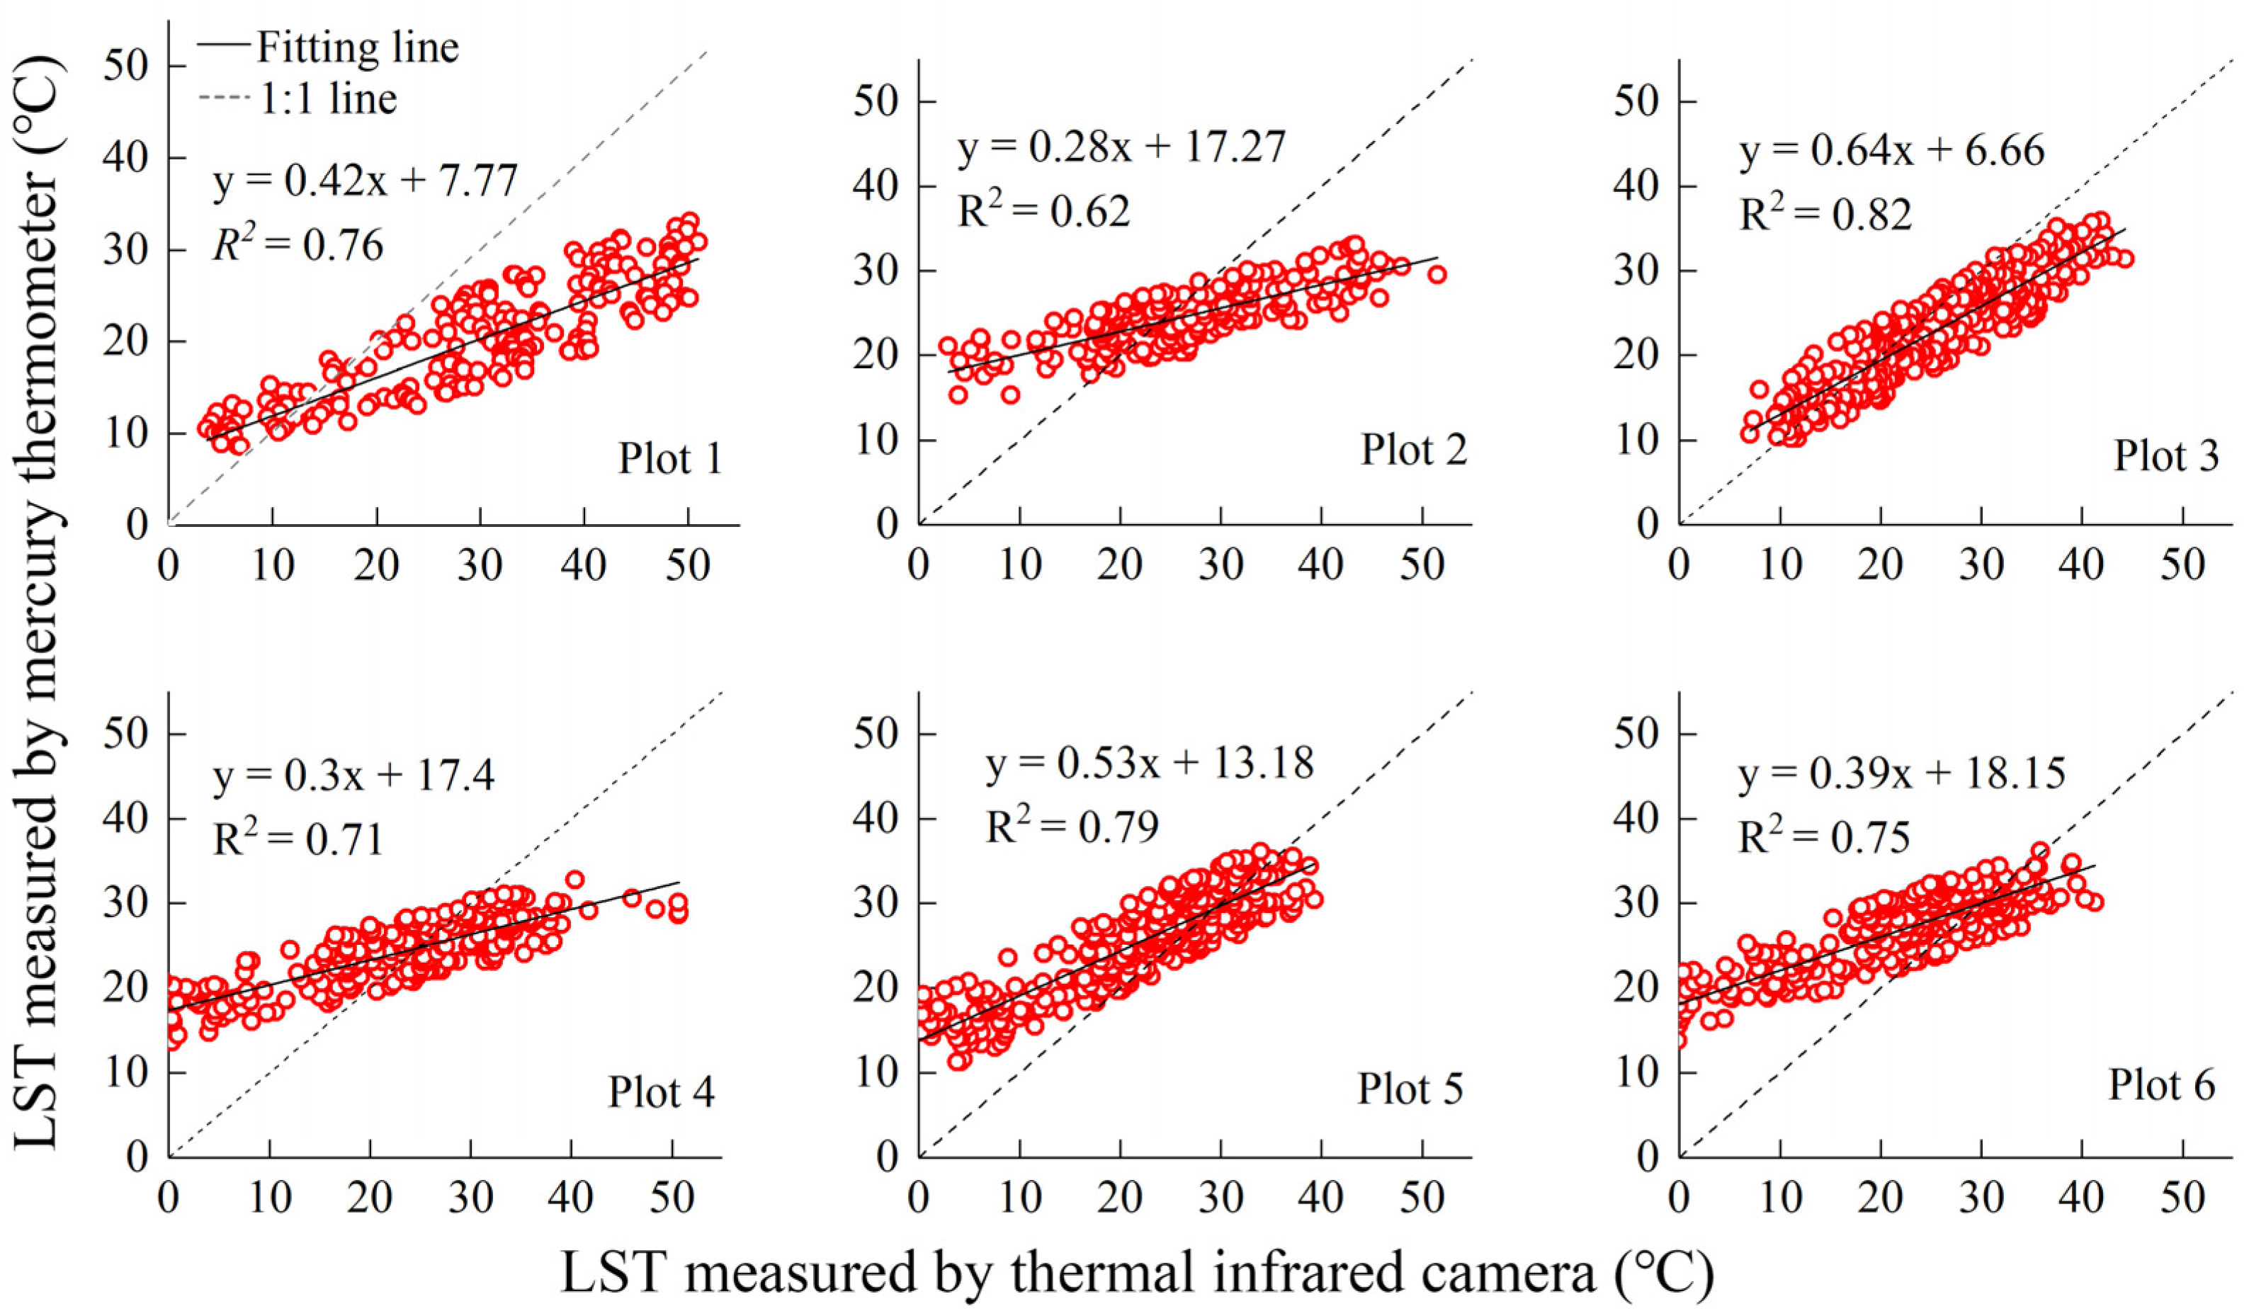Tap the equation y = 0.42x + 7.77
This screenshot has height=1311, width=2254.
point(365,181)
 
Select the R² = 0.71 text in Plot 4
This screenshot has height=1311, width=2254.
point(298,838)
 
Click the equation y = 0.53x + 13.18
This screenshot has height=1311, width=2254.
point(1150,763)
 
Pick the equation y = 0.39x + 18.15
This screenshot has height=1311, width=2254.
point(1901,773)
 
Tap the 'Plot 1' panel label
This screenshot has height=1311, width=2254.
point(669,459)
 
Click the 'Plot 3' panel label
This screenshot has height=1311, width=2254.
point(2165,456)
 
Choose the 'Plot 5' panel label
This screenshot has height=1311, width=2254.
point(1410,1089)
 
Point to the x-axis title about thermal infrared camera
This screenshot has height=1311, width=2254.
point(1136,1273)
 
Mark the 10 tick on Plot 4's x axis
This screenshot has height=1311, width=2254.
point(269,1198)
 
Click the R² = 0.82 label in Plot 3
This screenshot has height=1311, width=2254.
point(1825,214)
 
